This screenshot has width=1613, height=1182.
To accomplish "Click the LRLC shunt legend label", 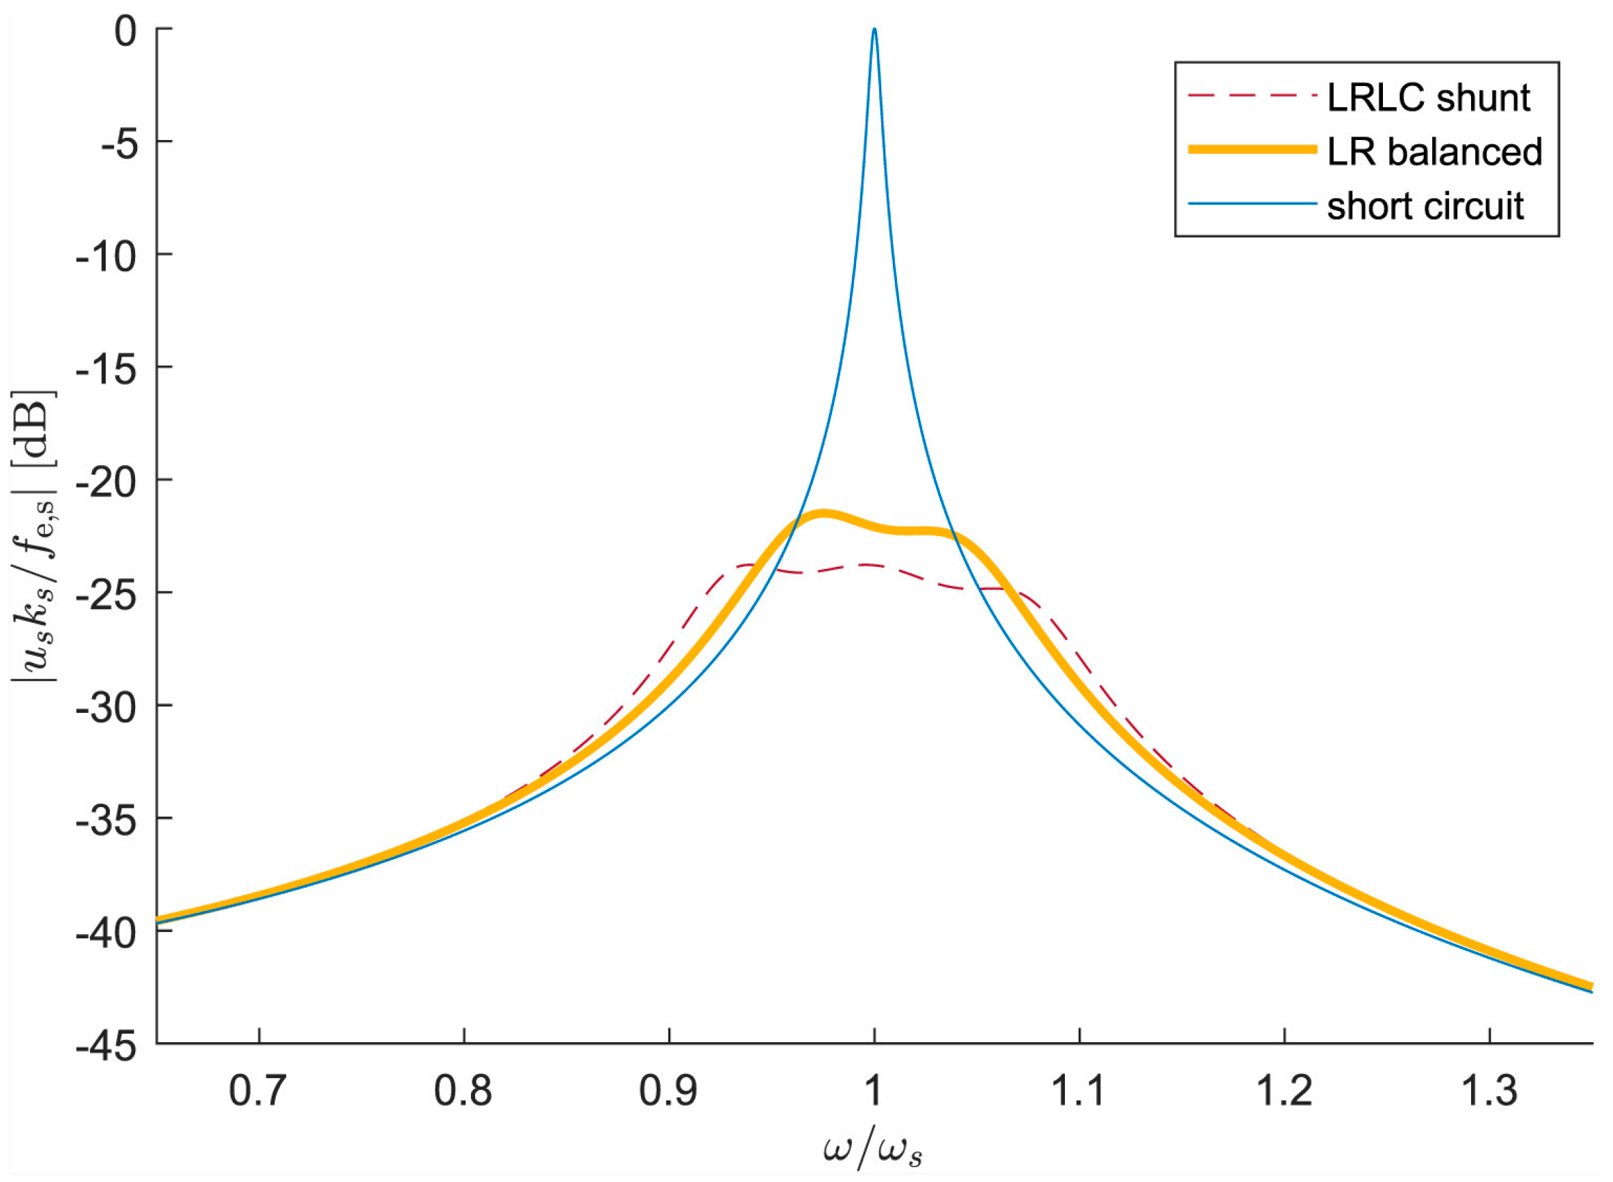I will pyautogui.click(x=1429, y=98).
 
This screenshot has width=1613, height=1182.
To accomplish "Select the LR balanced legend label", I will pyautogui.click(x=1434, y=152).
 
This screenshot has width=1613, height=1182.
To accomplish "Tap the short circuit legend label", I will pyautogui.click(x=1425, y=206).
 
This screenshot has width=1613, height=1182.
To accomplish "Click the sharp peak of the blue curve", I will pyautogui.click(x=874, y=30).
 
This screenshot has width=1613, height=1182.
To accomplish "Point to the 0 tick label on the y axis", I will pyautogui.click(x=125, y=31).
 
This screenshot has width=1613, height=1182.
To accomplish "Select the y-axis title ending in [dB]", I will pyautogui.click(x=33, y=537).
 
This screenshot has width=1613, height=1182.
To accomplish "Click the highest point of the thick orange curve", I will pyautogui.click(x=823, y=512).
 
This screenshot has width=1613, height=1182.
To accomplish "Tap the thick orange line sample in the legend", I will pyautogui.click(x=1252, y=150).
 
